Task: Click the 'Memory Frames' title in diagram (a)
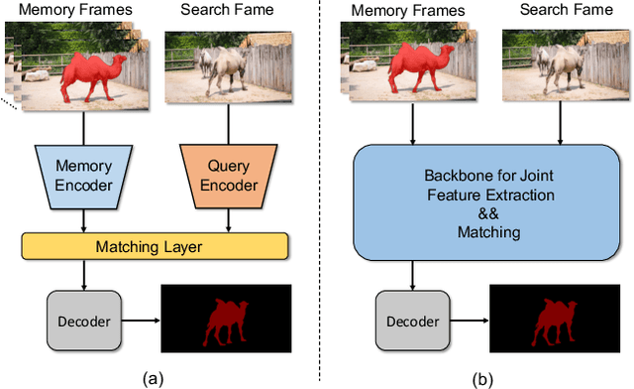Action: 81,11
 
